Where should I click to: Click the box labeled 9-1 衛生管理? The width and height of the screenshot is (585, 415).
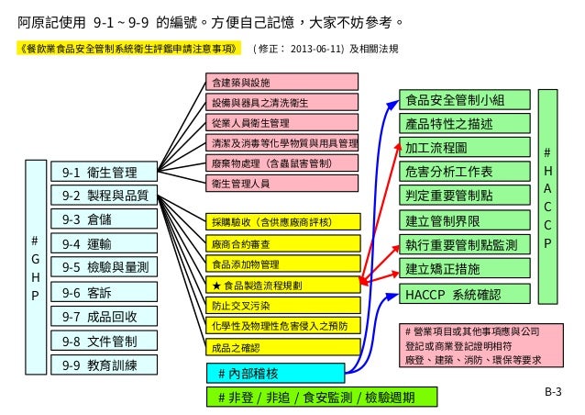coord(102,172)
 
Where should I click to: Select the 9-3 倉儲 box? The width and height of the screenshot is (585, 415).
coord(102,219)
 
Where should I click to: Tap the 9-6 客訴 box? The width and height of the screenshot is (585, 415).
coord(102,292)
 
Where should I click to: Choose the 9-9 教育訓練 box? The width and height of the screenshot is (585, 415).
coord(102,365)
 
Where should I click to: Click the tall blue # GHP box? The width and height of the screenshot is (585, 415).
coord(35,267)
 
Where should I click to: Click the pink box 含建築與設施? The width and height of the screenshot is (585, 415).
coord(280,82)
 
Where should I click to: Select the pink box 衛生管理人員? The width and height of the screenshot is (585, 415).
coord(280,184)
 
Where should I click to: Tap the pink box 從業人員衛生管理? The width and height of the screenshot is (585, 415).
coord(280,122)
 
